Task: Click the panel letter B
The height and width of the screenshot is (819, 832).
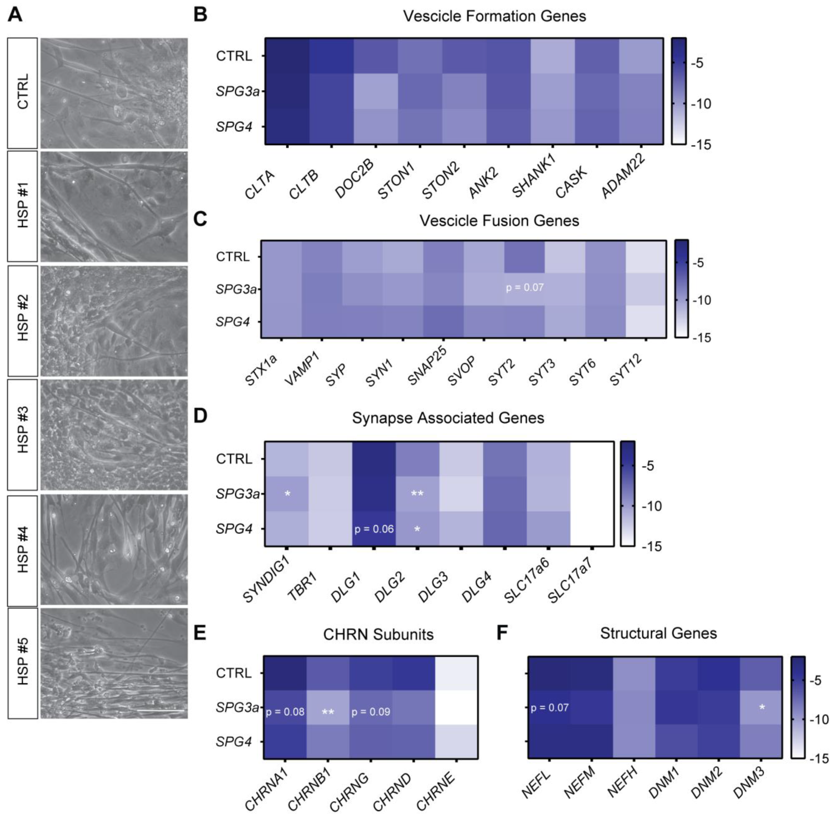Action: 200,15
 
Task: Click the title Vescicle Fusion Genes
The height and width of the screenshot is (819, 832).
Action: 499,221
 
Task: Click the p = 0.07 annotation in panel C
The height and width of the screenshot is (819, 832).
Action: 524,287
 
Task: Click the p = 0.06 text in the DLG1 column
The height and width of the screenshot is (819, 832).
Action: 374,529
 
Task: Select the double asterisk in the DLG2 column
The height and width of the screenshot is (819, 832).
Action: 417,494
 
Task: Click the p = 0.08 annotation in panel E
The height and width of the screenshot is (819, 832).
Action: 285,712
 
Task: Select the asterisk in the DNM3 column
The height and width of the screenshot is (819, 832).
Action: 762,707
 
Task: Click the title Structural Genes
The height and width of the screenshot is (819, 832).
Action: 658,633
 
